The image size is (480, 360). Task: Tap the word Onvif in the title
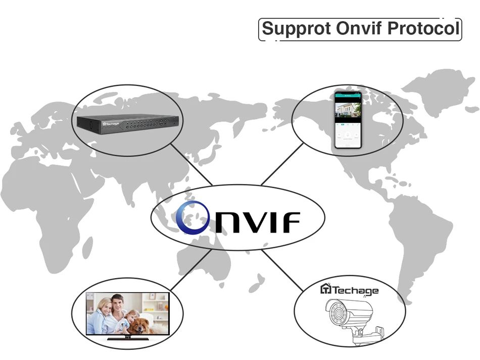[x=358, y=28]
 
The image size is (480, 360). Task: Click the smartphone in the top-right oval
[x=348, y=120]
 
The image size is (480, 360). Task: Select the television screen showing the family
[x=127, y=313]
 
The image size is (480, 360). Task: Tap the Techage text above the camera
[x=355, y=290]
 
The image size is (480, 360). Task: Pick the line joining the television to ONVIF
[x=190, y=270]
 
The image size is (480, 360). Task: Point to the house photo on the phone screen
[x=348, y=109]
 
